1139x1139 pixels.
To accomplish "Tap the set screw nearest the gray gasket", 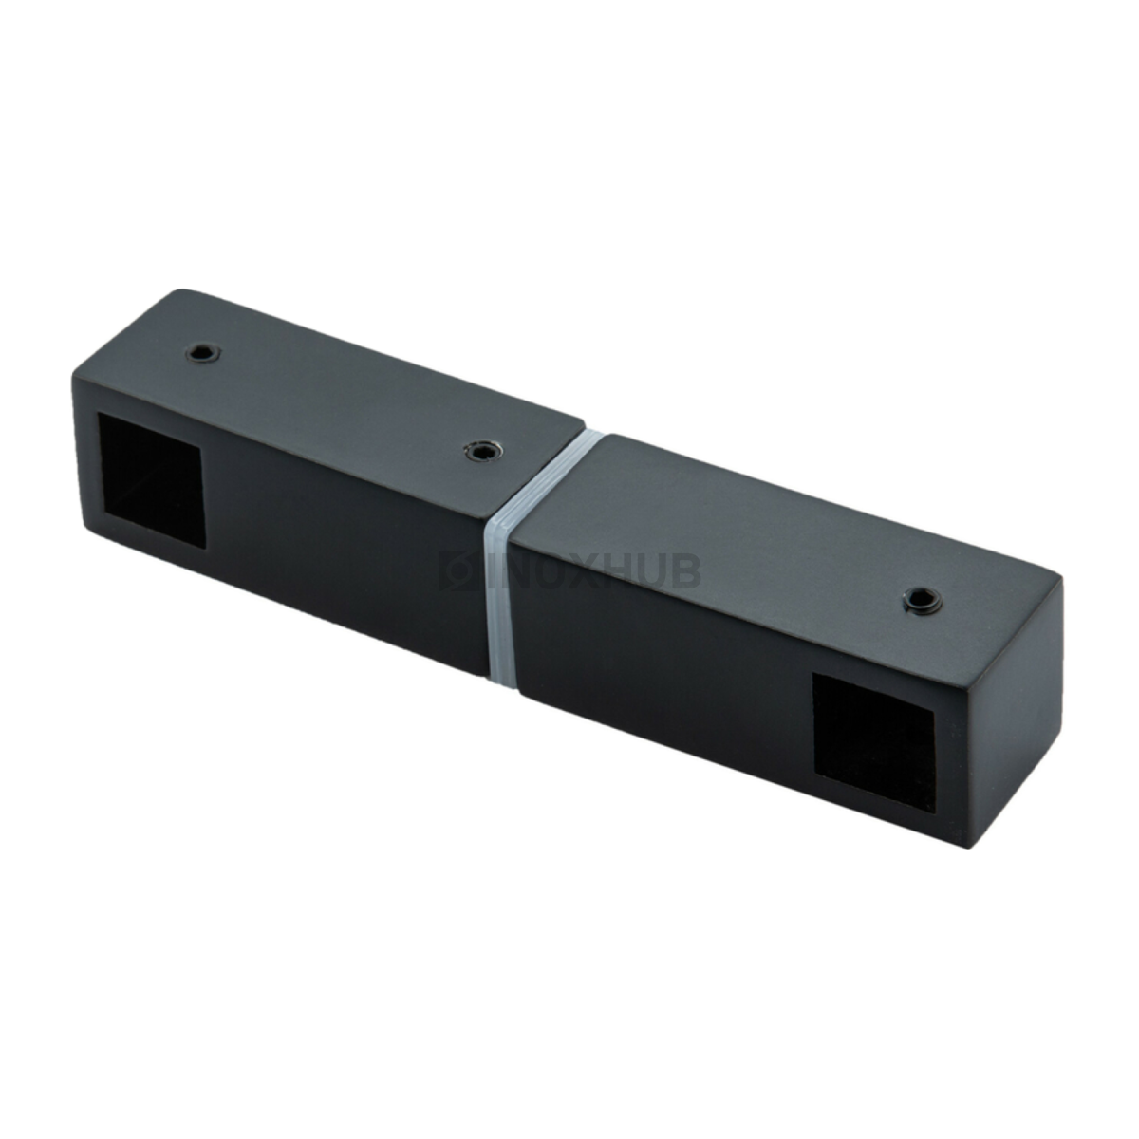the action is pos(483,451).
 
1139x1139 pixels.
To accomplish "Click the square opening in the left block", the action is pos(150,469).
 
